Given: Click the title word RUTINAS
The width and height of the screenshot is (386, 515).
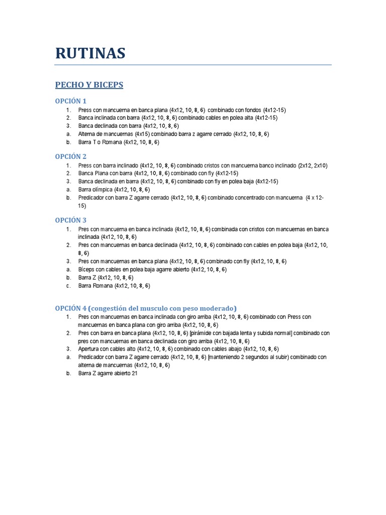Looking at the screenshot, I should tap(90, 53).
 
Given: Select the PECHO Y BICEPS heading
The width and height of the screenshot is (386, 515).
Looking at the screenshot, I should tap(89, 85).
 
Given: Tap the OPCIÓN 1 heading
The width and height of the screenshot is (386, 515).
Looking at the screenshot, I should tap(71, 101).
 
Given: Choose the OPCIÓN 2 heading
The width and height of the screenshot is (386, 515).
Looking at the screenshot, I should tap(71, 156).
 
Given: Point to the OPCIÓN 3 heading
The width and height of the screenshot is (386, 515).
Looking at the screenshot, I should tap(71, 220).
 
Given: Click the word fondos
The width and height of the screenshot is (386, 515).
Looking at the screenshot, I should tap(252, 110).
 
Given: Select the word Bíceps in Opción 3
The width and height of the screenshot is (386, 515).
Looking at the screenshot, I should tap(86, 270).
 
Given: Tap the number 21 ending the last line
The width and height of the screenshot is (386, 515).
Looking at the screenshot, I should tap(134, 373).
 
